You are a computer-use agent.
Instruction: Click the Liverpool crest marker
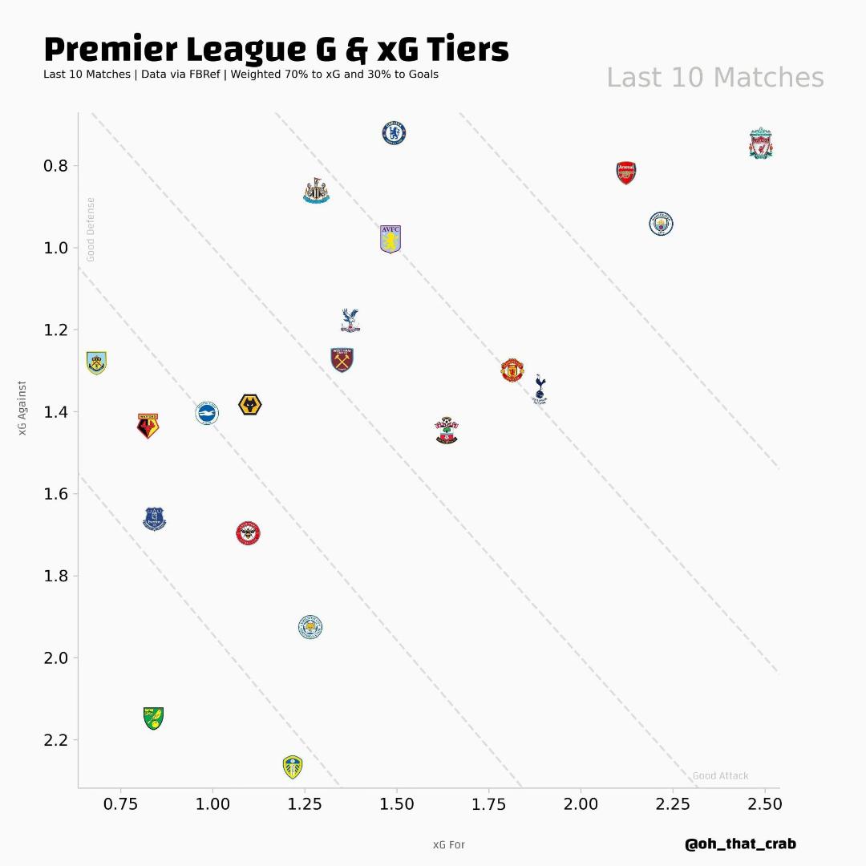click(x=761, y=144)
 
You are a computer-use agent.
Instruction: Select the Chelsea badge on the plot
click(x=394, y=133)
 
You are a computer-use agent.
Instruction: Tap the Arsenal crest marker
click(x=626, y=172)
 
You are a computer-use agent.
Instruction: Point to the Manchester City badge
click(x=661, y=224)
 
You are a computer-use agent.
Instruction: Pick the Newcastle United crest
click(x=316, y=191)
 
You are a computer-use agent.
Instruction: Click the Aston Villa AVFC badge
click(x=391, y=239)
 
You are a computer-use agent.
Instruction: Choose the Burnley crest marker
click(x=96, y=363)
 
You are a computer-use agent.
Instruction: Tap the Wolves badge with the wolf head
click(x=250, y=405)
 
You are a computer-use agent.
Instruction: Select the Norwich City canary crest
click(x=153, y=718)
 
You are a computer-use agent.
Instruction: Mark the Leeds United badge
click(x=293, y=767)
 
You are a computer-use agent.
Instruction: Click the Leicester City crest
click(x=310, y=627)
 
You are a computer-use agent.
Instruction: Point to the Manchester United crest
click(x=512, y=370)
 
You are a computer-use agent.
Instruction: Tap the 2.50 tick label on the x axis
click(x=764, y=804)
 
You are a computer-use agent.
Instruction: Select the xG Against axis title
click(x=22, y=409)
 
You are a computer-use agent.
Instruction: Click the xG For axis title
click(x=449, y=845)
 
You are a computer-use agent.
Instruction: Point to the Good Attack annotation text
click(x=720, y=775)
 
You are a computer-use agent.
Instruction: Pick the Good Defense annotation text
click(x=91, y=229)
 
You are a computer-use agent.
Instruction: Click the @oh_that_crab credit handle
click(x=740, y=844)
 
